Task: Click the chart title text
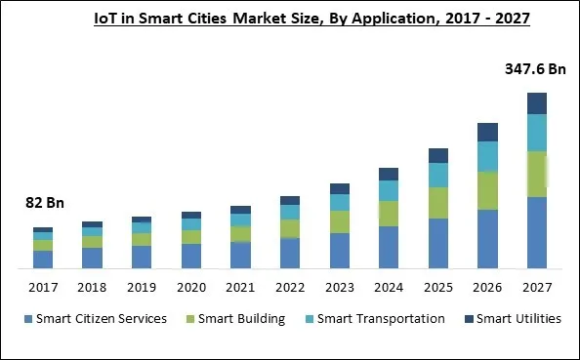point(290,18)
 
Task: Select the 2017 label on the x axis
point(42,288)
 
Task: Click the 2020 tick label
point(190,288)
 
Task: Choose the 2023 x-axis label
point(339,288)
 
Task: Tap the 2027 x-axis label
point(536,288)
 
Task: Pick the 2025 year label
point(437,288)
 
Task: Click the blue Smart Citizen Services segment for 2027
point(536,232)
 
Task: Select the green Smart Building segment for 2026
point(487,190)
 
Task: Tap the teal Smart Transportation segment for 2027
point(536,132)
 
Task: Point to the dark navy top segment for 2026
point(487,132)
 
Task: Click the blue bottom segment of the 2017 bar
point(42,259)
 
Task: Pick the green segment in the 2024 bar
point(389,214)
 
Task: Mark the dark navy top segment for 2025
point(437,155)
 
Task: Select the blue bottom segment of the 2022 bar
point(289,253)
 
